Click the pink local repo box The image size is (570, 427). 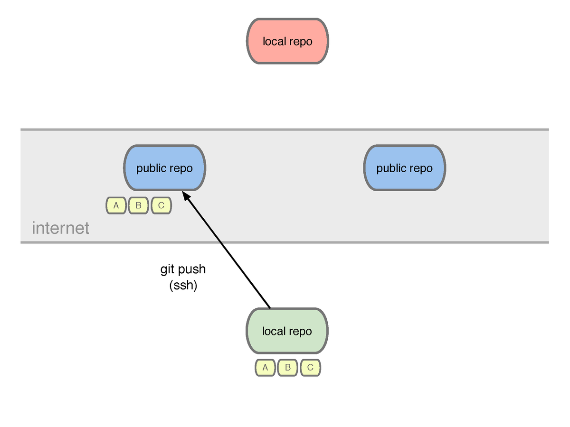coord(287,41)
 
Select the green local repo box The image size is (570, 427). coord(287,331)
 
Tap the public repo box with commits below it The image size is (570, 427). coord(165,168)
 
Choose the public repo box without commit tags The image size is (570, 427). coord(405,168)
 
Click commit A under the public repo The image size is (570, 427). coord(116,205)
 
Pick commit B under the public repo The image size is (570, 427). coord(138,205)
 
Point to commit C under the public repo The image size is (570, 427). coord(161,205)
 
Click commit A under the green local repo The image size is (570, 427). coord(265,367)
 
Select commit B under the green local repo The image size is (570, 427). coord(288,367)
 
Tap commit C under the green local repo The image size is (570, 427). coord(310,367)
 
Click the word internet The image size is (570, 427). coord(60,228)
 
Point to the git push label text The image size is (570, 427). coord(183,269)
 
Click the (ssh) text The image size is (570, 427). coord(183,285)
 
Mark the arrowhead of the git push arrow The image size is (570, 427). coord(182,192)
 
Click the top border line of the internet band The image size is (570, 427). coord(285,130)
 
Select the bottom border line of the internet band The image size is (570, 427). coord(285,242)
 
